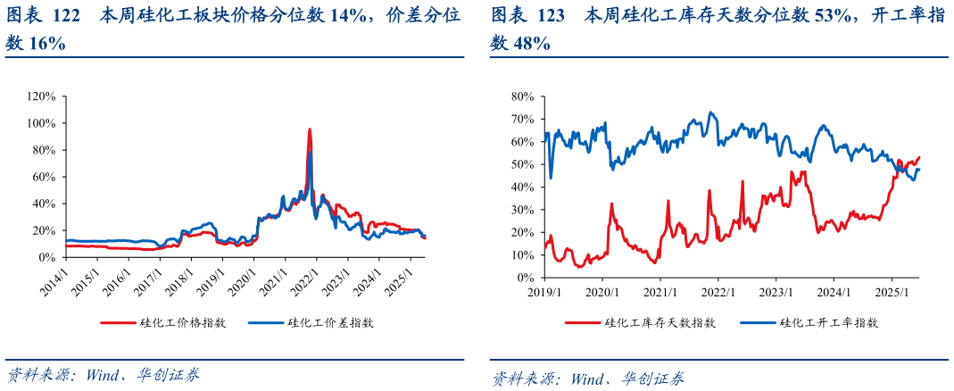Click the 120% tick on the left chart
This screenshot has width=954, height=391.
pos(42,96)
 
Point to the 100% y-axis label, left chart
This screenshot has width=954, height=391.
pos(42,123)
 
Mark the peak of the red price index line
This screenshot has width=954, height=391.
pos(310,129)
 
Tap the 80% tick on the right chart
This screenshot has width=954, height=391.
pos(522,96)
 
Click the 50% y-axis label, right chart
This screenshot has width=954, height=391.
pos(522,164)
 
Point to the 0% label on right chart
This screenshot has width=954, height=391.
pos(526,278)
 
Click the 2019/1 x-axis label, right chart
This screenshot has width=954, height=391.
pos(543,292)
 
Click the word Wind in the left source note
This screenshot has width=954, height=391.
pos(103,375)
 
